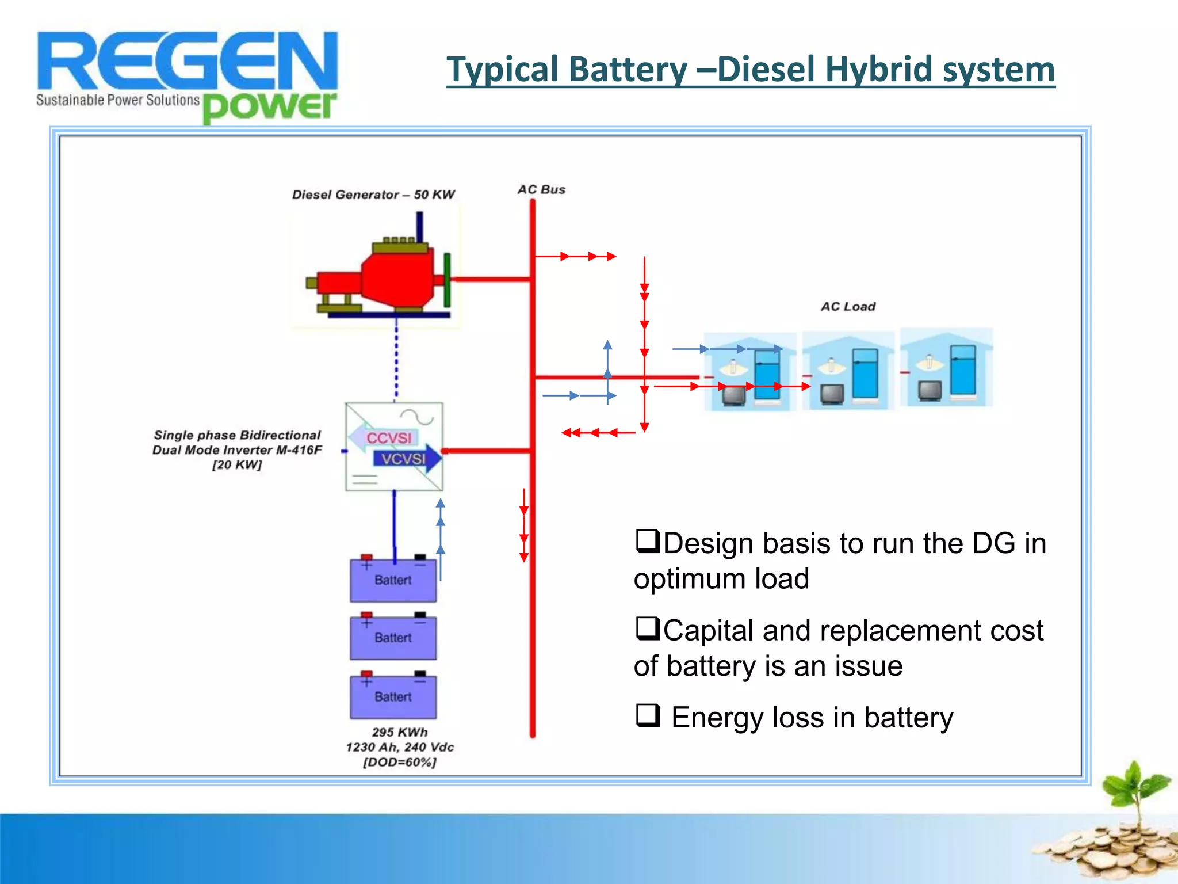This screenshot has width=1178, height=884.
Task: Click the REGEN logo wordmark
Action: click(187, 60)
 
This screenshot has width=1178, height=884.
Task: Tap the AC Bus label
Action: click(541, 190)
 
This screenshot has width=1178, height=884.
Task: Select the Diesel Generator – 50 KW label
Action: click(373, 195)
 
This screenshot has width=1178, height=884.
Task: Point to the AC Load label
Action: click(848, 307)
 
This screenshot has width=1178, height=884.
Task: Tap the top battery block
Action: click(393, 580)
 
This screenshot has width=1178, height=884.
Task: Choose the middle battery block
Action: click(393, 638)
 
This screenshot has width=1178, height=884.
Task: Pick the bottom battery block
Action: click(393, 697)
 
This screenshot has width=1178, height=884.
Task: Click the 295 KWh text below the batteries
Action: click(400, 732)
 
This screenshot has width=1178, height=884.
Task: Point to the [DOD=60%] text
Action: click(400, 763)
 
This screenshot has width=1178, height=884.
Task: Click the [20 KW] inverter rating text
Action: click(237, 465)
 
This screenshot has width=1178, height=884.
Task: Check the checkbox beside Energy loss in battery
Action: click(647, 715)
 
